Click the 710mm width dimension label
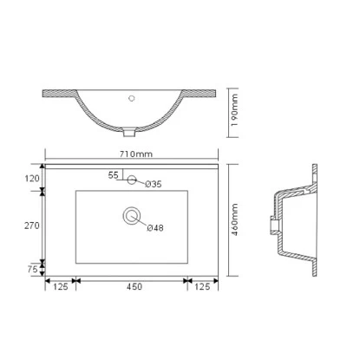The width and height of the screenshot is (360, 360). [137, 154]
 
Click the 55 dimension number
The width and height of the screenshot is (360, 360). [113, 175]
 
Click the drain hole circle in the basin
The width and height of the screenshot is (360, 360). [132, 216]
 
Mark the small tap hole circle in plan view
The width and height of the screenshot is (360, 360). [132, 180]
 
